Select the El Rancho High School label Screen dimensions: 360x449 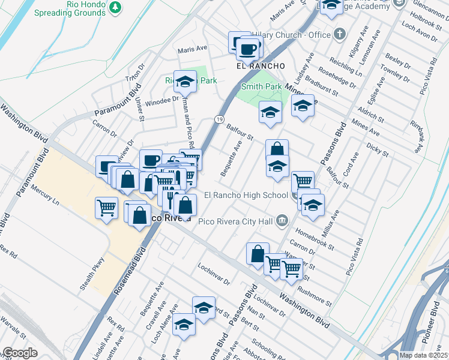[246, 194]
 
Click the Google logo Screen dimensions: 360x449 [19, 352]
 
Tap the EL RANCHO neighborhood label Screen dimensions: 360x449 [259, 65]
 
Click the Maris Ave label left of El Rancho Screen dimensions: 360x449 [192, 48]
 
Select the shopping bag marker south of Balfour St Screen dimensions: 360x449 [277, 149]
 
